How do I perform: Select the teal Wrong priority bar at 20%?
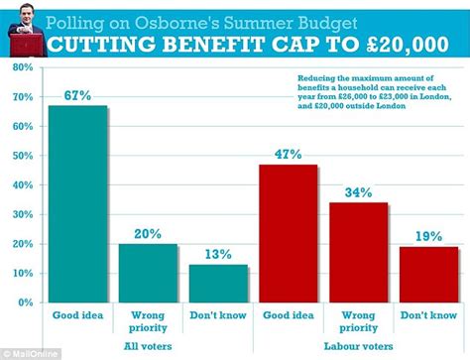tap(148, 272)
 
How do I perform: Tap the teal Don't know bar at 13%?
tap(218, 283)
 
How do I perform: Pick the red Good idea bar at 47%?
tap(288, 233)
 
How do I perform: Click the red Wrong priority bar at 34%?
tap(358, 252)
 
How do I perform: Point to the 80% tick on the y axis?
tap(19, 68)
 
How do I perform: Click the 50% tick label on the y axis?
tap(19, 156)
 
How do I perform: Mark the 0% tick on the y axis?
tap(22, 301)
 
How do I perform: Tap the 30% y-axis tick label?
tap(19, 214)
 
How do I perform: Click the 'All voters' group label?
tap(148, 345)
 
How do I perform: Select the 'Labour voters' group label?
tap(358, 345)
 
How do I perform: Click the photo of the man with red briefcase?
tap(21, 29)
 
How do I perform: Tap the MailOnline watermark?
tap(25, 353)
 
